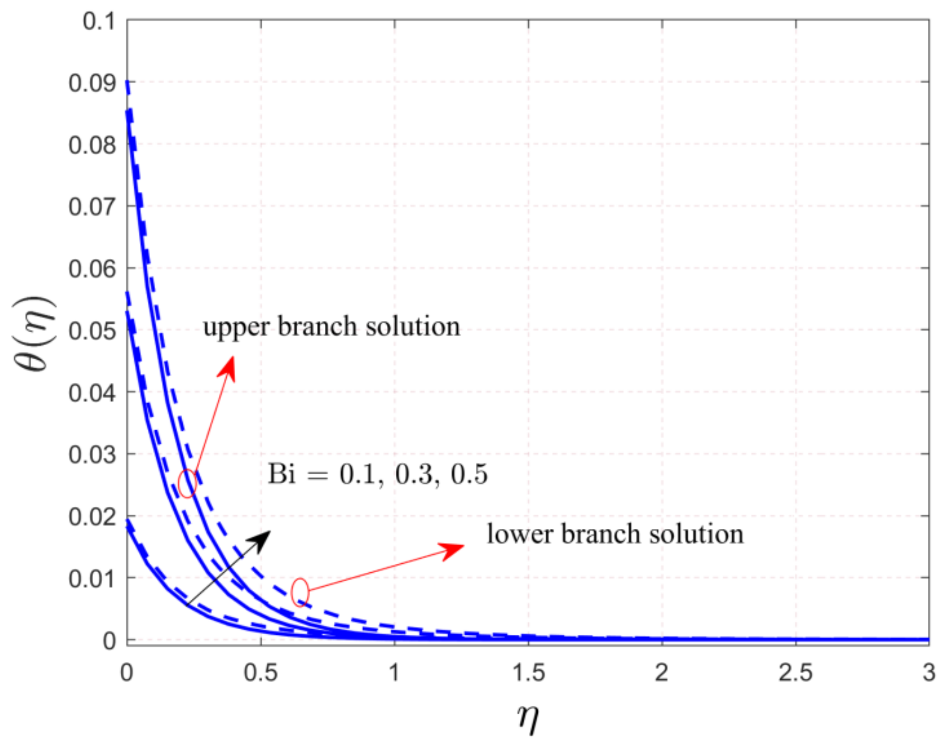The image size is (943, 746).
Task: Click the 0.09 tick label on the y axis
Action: [x=92, y=83]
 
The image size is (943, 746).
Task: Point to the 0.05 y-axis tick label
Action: [x=92, y=331]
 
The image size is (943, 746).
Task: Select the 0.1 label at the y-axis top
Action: [x=99, y=21]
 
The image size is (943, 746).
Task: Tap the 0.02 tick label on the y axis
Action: [x=92, y=517]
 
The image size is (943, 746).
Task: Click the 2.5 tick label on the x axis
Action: [x=795, y=673]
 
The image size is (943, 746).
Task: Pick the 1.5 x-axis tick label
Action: [x=528, y=673]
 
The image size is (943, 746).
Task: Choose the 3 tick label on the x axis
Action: [x=928, y=673]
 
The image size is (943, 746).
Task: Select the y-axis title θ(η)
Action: [x=34, y=334]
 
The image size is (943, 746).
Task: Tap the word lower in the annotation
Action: [x=520, y=534]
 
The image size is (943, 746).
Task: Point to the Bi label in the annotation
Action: [x=282, y=474]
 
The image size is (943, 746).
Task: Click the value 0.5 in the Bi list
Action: [x=469, y=474]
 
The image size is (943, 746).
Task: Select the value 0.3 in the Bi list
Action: [x=413, y=474]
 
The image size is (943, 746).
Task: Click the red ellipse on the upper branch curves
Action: [x=187, y=483]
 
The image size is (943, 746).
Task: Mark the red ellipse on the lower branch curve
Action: [x=300, y=592]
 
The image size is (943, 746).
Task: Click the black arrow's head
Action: [x=262, y=539]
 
